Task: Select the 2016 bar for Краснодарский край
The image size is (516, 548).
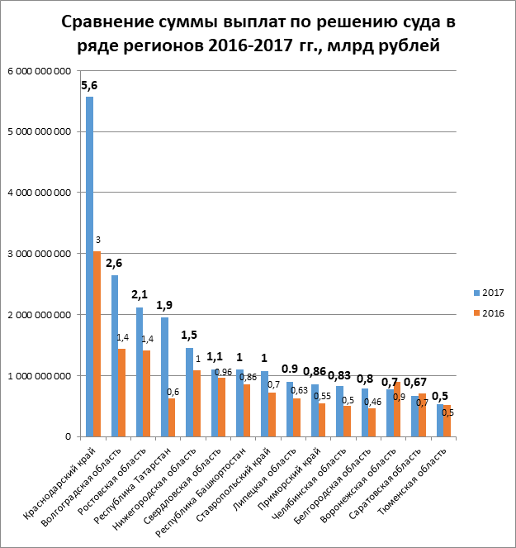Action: coord(97,343)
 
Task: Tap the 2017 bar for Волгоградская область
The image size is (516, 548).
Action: coord(115,355)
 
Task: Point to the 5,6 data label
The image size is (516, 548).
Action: coord(89,85)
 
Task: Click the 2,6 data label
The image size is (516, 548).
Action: coord(115,264)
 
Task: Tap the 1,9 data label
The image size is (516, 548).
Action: coord(164,305)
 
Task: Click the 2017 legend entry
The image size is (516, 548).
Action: coord(487,293)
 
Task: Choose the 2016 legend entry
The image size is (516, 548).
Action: coord(487,312)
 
